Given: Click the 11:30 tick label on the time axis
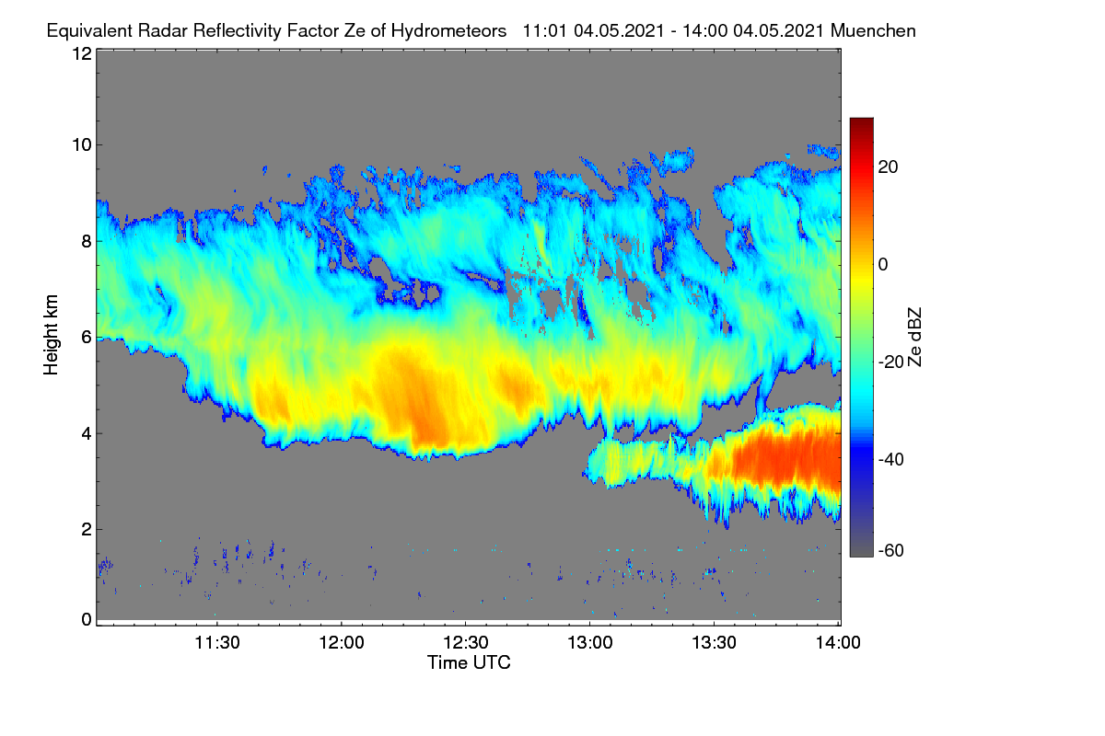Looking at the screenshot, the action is pos(217,643).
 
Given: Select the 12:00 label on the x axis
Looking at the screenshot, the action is pos(342,643).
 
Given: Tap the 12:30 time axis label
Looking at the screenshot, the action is pos(466,643).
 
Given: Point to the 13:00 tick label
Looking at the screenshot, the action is pos(590,643).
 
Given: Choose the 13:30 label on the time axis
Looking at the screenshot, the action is pos(714,643).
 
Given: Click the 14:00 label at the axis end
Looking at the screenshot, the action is pos(838,643).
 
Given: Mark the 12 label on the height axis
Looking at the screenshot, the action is pos(82,53).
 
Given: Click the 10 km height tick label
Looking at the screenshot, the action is pos(82,145).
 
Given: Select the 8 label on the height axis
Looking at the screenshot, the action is pos(87,242).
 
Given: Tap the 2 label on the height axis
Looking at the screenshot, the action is pos(87,529).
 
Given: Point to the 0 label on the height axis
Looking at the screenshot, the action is pos(87,620).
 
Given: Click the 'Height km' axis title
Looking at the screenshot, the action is pos(51,335).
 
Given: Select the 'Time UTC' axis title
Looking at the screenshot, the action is pos(469,663).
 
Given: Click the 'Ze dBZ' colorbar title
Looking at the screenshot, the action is pos(914,338).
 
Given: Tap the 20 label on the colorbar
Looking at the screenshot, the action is pos(888,167).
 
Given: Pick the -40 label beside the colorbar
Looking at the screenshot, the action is pos(891,460).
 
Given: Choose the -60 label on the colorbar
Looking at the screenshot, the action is pos(891,551).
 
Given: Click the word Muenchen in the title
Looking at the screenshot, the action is pos(873,31).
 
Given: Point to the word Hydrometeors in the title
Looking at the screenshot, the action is pos(449,31).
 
